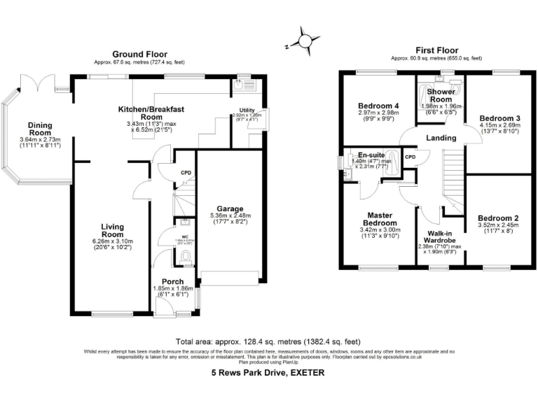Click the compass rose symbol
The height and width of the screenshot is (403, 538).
click(305, 40)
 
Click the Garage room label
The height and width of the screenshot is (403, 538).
click(230, 208)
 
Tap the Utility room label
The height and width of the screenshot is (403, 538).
click(247, 111)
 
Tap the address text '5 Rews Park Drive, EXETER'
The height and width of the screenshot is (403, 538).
click(268, 373)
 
